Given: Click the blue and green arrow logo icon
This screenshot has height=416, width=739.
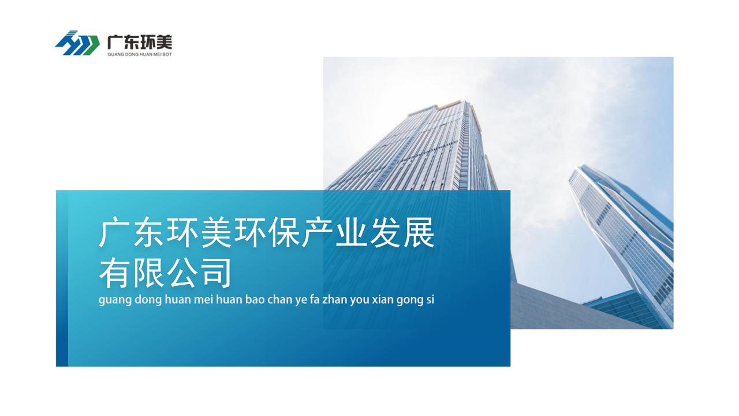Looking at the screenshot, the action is pyautogui.click(x=77, y=43).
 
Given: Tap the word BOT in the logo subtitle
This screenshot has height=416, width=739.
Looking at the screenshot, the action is pyautogui.click(x=167, y=54).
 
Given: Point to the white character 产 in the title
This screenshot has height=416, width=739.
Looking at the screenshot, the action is pyautogui.click(x=318, y=233).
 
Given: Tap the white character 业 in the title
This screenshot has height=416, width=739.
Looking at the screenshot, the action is pyautogui.click(x=352, y=233).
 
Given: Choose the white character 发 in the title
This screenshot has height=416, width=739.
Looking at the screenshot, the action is pyautogui.click(x=385, y=233).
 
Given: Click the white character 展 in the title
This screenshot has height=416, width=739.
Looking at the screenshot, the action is pyautogui.click(x=419, y=233).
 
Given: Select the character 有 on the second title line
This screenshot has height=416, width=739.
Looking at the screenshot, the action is pyautogui.click(x=114, y=273).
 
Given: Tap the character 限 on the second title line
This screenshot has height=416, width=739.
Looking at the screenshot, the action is pyautogui.click(x=148, y=273).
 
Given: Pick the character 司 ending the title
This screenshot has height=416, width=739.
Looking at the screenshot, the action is pyautogui.click(x=216, y=273).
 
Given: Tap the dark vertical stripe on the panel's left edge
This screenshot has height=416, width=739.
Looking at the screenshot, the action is pyautogui.click(x=62, y=278).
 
